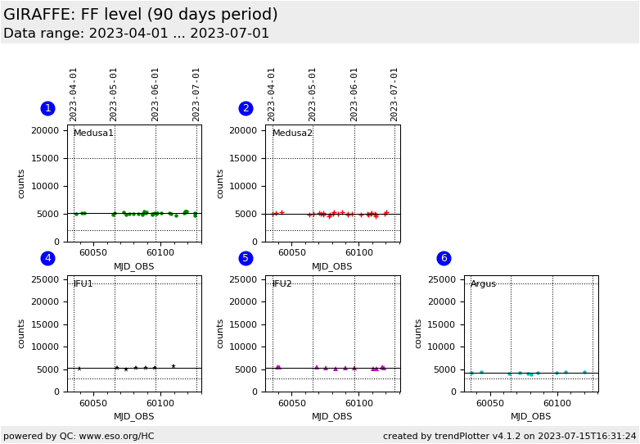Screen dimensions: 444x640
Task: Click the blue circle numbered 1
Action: click(x=47, y=108)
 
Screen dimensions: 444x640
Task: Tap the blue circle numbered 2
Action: click(x=246, y=108)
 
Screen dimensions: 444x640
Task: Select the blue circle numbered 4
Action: click(x=47, y=258)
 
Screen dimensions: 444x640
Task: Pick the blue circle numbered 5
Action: click(x=246, y=258)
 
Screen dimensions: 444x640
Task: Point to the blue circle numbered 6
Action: click(x=444, y=258)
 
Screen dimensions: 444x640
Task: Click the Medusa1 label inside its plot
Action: click(x=93, y=134)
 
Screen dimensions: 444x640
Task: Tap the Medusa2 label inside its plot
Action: click(x=292, y=134)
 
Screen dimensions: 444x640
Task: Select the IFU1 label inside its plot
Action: click(x=83, y=284)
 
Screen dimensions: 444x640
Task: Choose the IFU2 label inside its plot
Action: click(x=282, y=284)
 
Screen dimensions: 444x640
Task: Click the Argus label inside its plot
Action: click(x=484, y=284)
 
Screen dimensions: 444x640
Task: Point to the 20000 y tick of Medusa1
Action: click(x=46, y=131)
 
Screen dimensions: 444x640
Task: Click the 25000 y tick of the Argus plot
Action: click(x=443, y=280)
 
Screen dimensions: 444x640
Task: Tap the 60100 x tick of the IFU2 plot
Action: click(x=358, y=404)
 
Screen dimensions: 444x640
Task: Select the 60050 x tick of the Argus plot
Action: click(x=490, y=404)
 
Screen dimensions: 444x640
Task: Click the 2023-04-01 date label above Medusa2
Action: click(x=272, y=94)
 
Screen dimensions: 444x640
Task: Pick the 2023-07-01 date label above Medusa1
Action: click(x=196, y=94)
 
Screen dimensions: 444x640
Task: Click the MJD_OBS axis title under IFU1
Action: click(x=133, y=417)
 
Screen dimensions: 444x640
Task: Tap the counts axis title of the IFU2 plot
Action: click(x=220, y=333)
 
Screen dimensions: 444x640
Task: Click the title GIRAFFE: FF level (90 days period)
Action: click(x=141, y=15)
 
